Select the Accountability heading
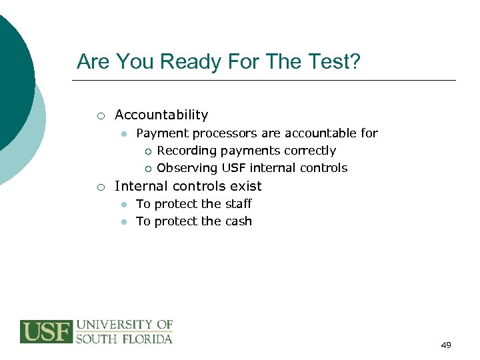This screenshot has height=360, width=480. coord(161,115)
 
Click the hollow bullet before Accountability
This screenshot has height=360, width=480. coord(99,115)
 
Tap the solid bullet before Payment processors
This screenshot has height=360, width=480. coord(123,134)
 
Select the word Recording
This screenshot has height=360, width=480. coord(187,151)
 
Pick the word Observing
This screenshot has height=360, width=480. coord(187,168)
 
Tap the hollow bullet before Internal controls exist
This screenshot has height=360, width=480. coord(99,187)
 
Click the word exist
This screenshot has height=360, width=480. coord(245,186)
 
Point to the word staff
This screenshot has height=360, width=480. coord(238,204)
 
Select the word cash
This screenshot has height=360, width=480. coord(238,221)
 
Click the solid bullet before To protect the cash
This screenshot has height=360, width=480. coord(123,222)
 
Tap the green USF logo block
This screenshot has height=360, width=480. coord(46,331)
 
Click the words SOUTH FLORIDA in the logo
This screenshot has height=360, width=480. coord(124,339)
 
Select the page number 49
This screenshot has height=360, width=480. coord(446,345)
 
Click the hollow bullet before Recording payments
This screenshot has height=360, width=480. coord(148,151)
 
